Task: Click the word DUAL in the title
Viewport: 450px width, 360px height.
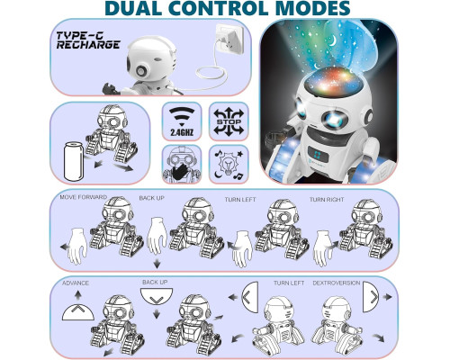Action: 133,8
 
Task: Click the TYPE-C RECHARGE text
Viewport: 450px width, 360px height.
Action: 88,40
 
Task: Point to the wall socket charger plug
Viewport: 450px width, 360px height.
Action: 229,39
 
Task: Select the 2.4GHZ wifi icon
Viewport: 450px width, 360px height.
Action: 182,121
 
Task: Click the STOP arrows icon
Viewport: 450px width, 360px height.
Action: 229,121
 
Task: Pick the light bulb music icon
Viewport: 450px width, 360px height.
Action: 229,164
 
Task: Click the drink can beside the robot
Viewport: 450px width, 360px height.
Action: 74,161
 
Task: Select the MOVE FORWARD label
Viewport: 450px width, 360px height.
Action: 84,197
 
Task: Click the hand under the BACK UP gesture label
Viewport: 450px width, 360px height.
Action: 157,236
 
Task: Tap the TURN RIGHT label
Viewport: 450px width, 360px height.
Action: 327,200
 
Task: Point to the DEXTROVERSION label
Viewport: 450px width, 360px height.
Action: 337,283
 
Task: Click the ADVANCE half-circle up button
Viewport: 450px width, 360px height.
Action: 78,312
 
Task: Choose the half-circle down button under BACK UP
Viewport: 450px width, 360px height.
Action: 157,296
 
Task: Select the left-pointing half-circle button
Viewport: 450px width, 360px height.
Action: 250,297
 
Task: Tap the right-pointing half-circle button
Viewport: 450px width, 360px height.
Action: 371,297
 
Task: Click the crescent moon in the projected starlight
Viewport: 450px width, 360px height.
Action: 332,40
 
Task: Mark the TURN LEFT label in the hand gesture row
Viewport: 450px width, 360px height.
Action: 240,199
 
